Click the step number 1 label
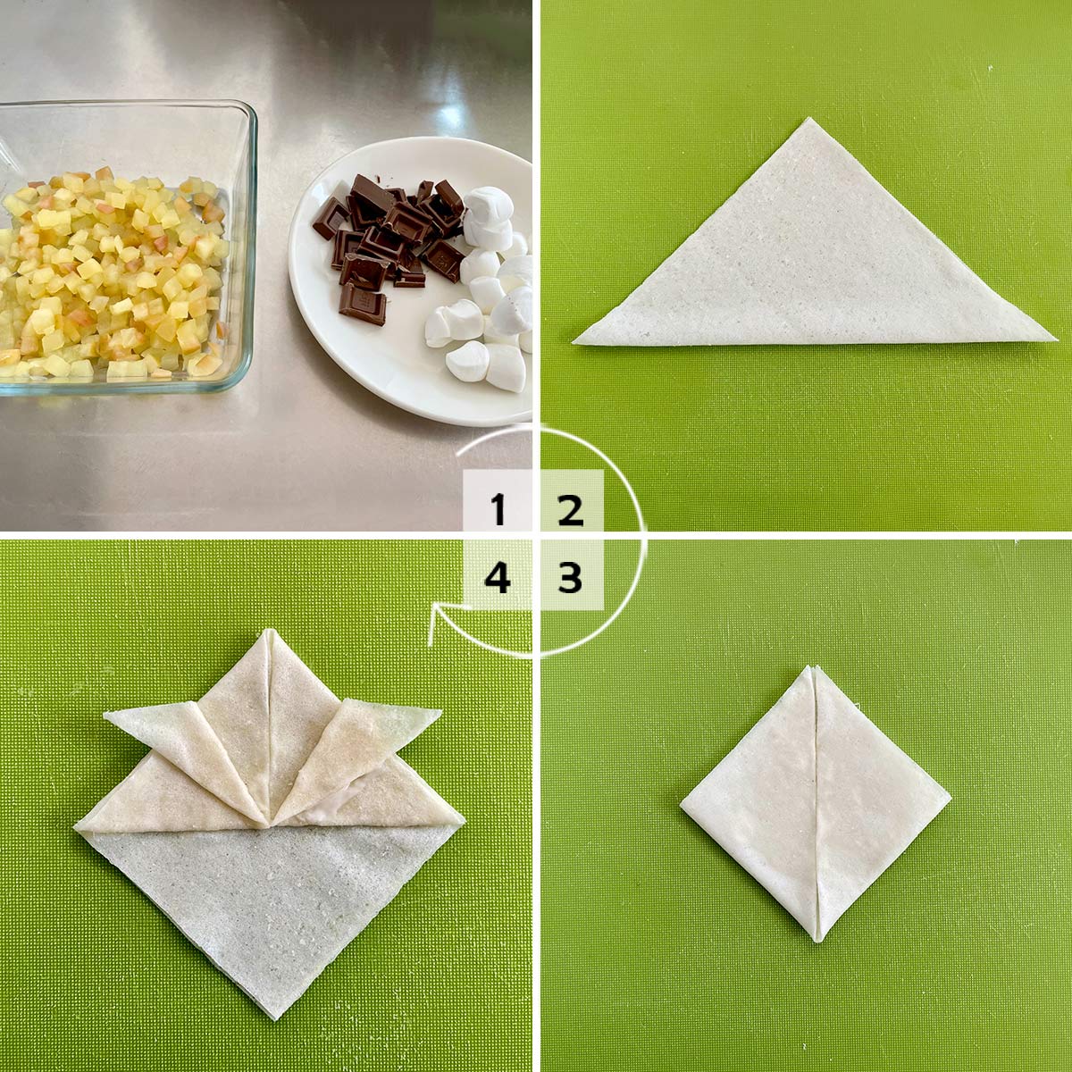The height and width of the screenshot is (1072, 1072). click(498, 509)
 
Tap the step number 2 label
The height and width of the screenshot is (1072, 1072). click(570, 509)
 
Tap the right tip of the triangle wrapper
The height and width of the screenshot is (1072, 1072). click(1055, 339)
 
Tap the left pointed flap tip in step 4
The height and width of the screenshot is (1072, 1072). click(105, 715)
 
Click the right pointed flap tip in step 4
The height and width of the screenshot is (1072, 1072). click(440, 711)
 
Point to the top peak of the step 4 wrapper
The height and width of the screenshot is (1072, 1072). click(269, 631)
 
